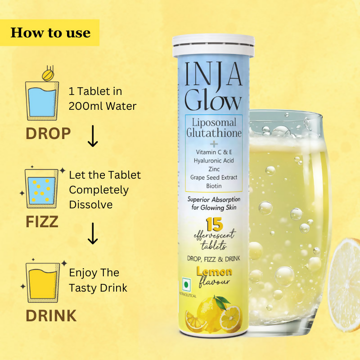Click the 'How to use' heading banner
[x=50, y=32]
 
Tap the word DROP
[x=48, y=134]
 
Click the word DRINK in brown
[x=51, y=315]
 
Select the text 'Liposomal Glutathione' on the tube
[x=214, y=128]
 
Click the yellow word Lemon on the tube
[x=214, y=271]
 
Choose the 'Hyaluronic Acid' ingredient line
[x=214, y=160]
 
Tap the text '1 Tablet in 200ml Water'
[x=102, y=99]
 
